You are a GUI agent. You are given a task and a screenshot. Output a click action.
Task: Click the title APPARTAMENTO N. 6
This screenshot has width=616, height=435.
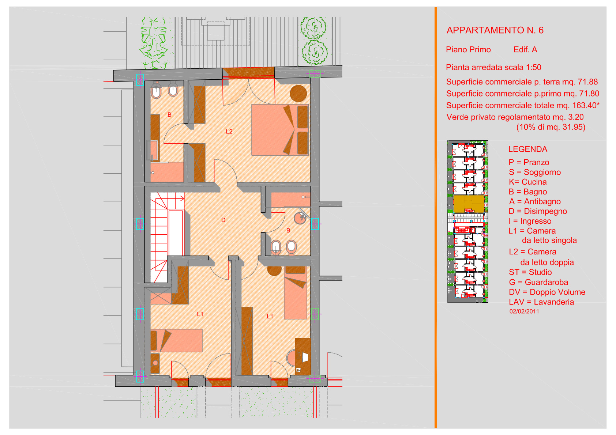click(495, 30)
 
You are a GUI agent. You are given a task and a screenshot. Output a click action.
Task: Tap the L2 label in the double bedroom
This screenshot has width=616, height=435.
click(229, 132)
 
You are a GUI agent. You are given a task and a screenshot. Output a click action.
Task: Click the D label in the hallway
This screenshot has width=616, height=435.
click(223, 220)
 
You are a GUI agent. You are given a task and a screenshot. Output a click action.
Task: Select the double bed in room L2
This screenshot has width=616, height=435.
click(280, 130)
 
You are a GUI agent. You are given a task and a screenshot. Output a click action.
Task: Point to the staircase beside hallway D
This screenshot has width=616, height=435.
click(167, 238)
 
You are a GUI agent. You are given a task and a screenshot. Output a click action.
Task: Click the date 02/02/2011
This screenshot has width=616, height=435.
click(524, 311)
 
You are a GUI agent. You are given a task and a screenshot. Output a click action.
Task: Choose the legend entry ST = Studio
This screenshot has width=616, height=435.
click(530, 272)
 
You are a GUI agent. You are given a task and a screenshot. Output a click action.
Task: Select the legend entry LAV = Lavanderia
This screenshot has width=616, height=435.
click(541, 302)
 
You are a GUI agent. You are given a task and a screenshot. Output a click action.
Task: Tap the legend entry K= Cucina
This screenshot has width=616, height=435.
click(528, 182)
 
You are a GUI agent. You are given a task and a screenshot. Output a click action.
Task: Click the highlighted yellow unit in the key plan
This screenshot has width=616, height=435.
click(469, 204)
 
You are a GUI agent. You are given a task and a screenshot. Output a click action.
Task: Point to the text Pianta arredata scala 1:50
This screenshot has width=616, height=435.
click(493, 67)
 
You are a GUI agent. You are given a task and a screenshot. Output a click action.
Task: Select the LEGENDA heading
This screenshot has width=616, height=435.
click(528, 149)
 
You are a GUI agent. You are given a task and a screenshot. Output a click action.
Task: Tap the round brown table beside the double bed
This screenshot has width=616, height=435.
click(298, 93)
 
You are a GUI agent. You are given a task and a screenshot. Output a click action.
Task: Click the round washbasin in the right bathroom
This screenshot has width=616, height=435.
click(300, 219)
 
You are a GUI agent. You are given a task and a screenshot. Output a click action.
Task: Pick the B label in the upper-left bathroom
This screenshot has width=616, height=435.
click(169, 115)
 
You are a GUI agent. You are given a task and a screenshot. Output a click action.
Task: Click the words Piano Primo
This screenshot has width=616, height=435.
click(468, 50)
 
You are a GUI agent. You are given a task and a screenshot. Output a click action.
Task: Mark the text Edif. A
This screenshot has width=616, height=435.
click(525, 50)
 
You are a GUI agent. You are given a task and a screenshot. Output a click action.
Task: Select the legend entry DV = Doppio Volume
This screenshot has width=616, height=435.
click(547, 292)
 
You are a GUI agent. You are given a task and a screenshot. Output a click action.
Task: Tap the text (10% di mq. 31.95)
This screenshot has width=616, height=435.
click(551, 127)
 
